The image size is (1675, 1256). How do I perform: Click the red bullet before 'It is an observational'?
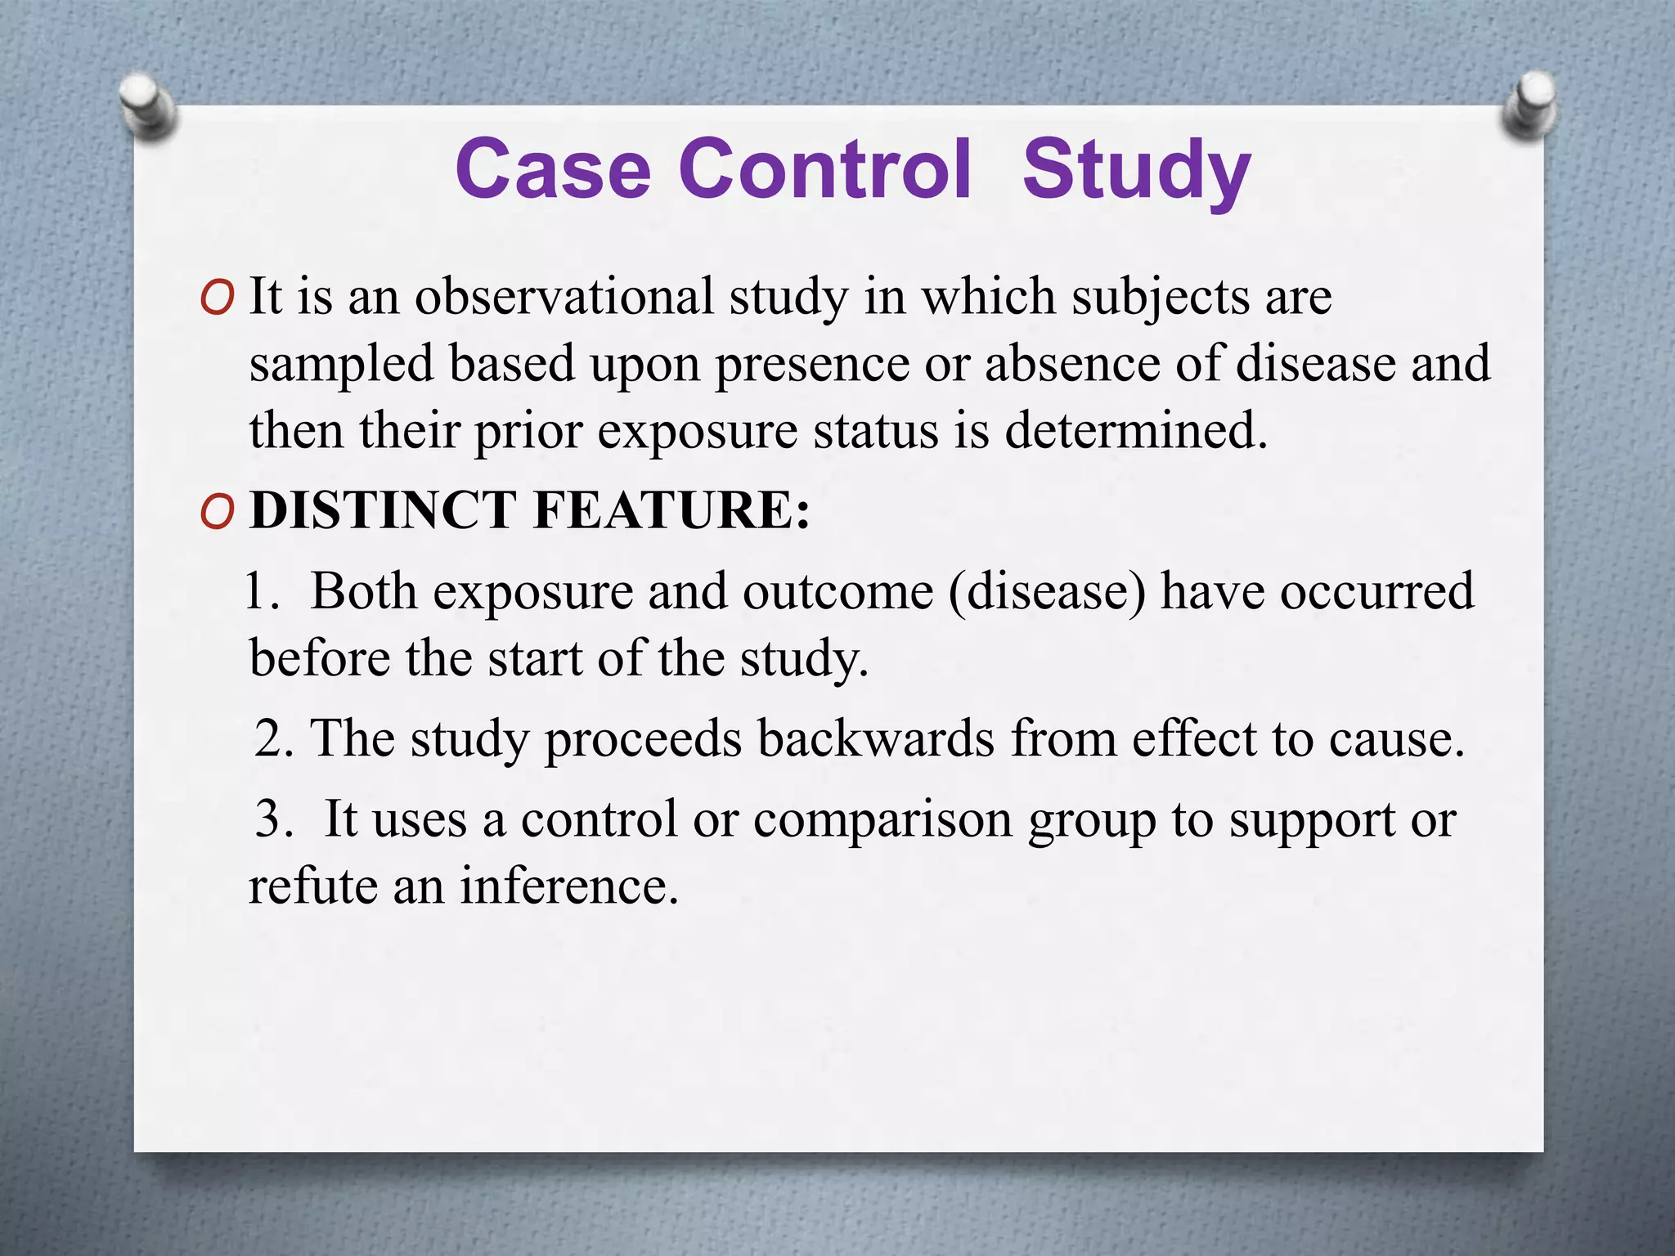pyautogui.click(x=218, y=298)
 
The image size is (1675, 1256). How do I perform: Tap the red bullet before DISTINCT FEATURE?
pyautogui.click(x=218, y=513)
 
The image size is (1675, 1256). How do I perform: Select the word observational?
pyautogui.click(x=564, y=296)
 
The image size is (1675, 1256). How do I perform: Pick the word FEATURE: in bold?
pyautogui.click(x=671, y=510)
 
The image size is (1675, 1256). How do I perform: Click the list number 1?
pyautogui.click(x=260, y=591)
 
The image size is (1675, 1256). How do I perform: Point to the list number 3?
pyautogui.click(x=272, y=819)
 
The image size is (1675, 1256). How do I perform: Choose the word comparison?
pyautogui.click(x=883, y=820)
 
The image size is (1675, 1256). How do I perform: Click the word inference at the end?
pyautogui.click(x=568, y=886)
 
